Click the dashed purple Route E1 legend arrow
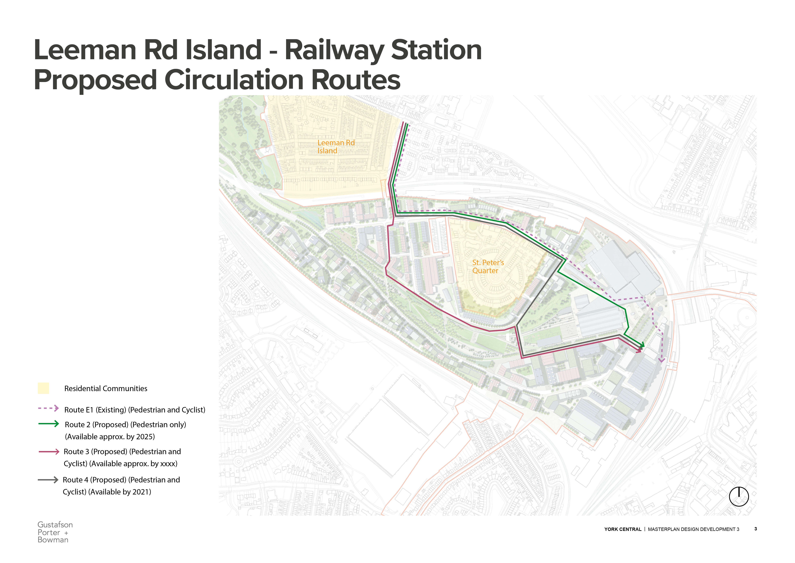[48, 408]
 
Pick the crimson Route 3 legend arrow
[49, 451]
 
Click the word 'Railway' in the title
[334, 50]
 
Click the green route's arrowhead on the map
[642, 345]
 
